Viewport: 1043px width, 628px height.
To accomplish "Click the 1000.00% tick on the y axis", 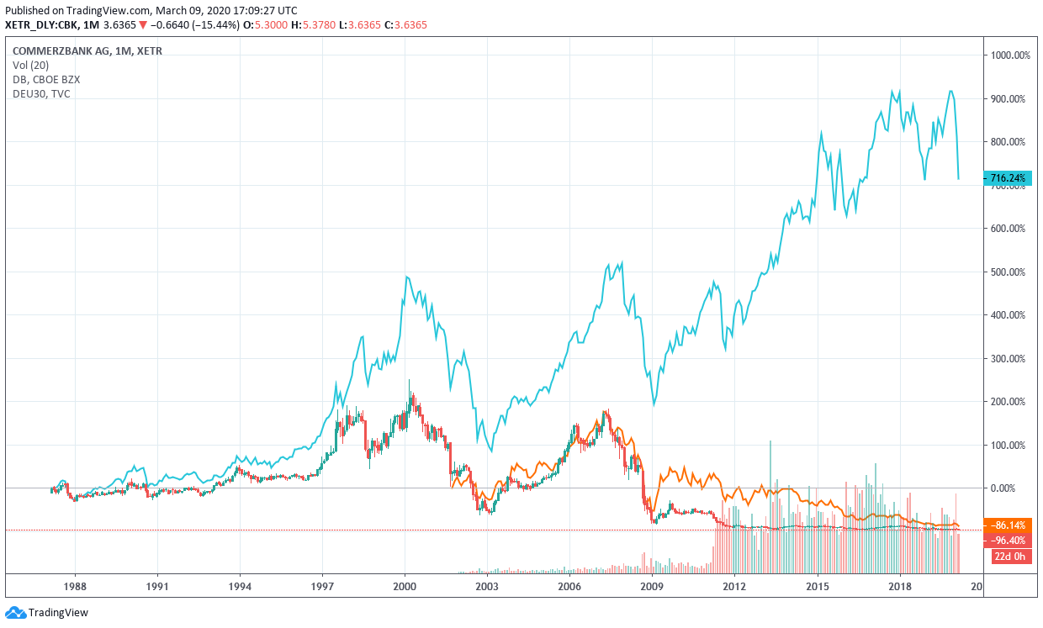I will coord(1009,55).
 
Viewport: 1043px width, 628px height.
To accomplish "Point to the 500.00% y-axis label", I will coord(1009,272).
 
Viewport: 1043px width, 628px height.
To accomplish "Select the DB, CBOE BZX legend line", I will coord(46,79).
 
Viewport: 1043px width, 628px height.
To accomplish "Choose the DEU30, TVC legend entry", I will coord(41,93).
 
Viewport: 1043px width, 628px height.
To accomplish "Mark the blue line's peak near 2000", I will coord(407,277).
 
